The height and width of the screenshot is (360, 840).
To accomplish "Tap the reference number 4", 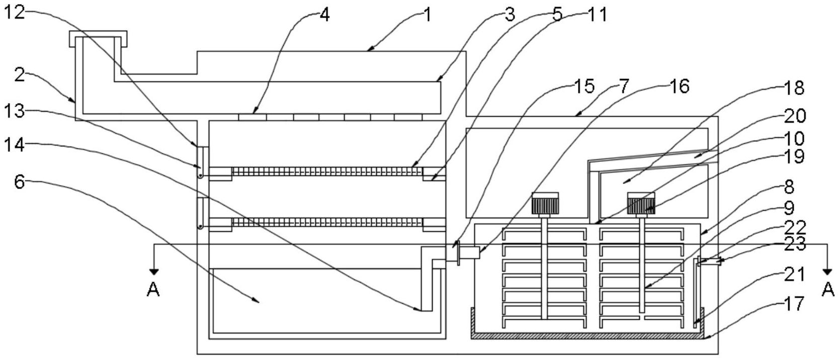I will click(x=324, y=15).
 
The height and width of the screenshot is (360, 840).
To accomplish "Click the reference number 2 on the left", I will click(x=19, y=75).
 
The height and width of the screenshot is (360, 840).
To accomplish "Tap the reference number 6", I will click(x=19, y=182).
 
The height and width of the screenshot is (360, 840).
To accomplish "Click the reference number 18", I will click(x=794, y=88).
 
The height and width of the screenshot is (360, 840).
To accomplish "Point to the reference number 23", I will click(x=795, y=244).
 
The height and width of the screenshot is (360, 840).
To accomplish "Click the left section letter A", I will click(x=153, y=290).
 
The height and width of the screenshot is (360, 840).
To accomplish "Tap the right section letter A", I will click(x=827, y=290).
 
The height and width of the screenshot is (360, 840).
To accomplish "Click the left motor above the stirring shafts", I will click(x=545, y=204).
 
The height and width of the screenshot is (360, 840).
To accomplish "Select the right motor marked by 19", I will click(x=640, y=204).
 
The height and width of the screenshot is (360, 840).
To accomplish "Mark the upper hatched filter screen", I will click(x=327, y=171).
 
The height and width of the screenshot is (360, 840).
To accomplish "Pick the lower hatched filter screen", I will click(x=327, y=222).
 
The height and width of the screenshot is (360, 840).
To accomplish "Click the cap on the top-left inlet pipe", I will click(x=98, y=35).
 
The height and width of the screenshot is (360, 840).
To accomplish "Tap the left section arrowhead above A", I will click(x=154, y=272).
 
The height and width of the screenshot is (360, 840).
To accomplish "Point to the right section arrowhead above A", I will click(x=827, y=272).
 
